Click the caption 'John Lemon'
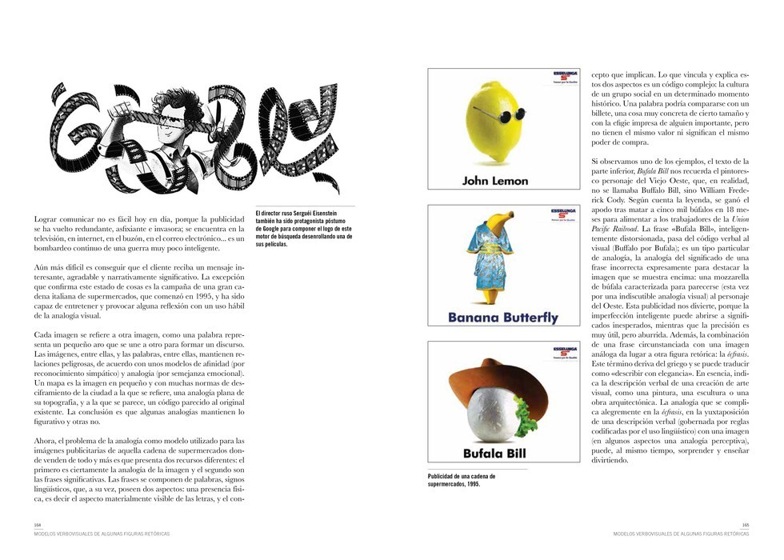[x=495, y=181]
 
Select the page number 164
[x=37, y=525]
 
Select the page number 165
[x=745, y=525]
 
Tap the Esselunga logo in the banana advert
[x=561, y=214]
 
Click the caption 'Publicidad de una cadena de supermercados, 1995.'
[x=461, y=480]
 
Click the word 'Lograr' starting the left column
[x=46, y=218]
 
